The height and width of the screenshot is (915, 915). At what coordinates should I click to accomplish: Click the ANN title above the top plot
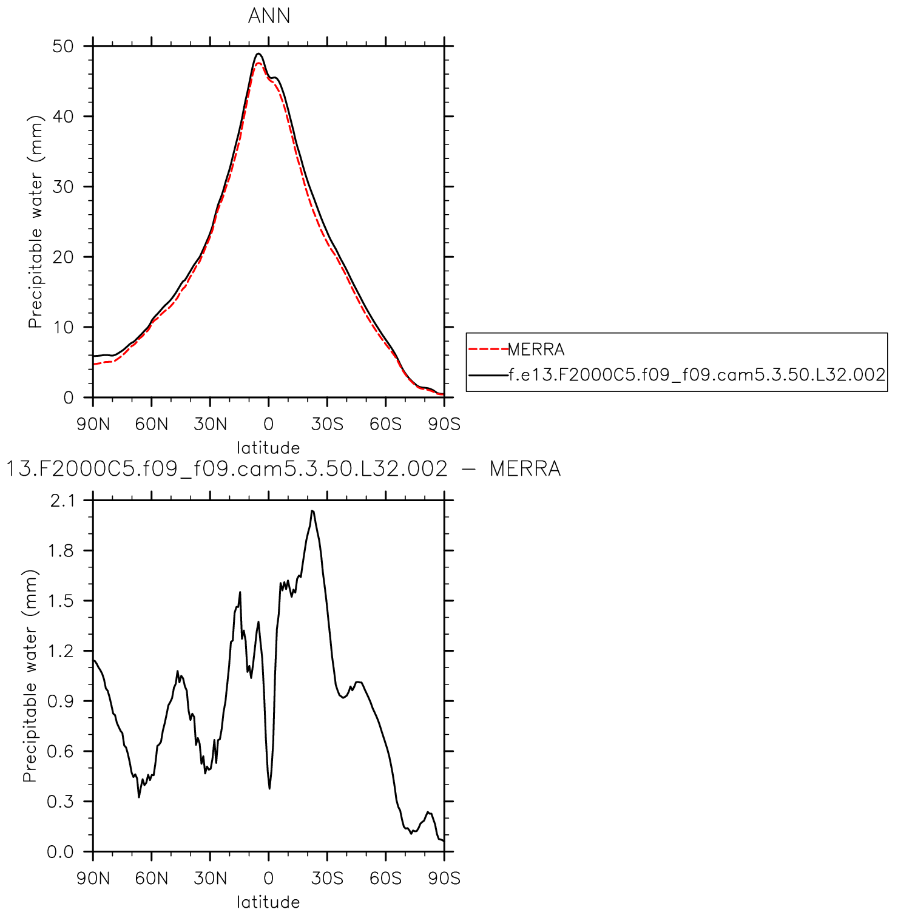(269, 16)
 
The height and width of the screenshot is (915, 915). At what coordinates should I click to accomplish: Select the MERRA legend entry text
(536, 349)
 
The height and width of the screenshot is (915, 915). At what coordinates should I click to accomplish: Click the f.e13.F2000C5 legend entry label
(697, 374)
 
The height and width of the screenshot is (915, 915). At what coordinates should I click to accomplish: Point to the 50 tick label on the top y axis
(62, 46)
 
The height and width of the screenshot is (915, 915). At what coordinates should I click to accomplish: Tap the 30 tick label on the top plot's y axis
(62, 187)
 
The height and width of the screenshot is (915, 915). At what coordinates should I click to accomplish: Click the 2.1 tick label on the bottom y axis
(62, 501)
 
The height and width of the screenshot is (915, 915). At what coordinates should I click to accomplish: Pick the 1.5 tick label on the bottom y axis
(62, 601)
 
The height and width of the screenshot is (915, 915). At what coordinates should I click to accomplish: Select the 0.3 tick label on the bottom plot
(62, 802)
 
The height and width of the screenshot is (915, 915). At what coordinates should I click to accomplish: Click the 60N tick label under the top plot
(151, 424)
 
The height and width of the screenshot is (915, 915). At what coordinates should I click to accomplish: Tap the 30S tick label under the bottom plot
(327, 878)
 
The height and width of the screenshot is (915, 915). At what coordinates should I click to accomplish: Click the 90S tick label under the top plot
(444, 424)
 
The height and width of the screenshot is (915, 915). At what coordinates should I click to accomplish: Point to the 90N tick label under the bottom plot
(93, 878)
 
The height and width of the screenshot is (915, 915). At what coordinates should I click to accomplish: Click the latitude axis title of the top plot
(268, 448)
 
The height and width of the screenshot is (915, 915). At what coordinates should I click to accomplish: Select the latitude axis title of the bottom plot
(268, 902)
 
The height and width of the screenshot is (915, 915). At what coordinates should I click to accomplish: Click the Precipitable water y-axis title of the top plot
(35, 221)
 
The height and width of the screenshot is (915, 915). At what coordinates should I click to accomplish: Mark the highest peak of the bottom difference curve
(312, 511)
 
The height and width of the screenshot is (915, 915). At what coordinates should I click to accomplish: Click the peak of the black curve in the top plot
(258, 53)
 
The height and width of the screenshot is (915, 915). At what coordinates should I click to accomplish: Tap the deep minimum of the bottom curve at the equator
(269, 788)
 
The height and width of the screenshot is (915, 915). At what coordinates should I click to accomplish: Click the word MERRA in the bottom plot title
(525, 469)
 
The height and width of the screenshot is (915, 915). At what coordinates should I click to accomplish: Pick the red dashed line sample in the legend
(488, 349)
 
